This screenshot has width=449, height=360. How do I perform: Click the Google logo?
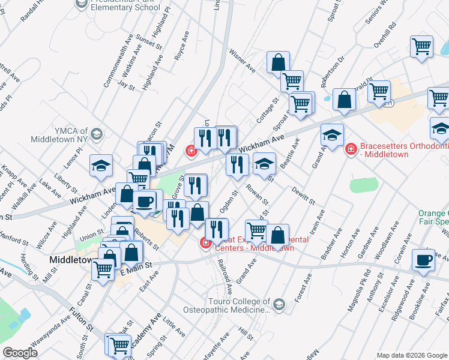(20, 353)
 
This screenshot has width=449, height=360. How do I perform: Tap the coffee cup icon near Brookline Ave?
(424, 259)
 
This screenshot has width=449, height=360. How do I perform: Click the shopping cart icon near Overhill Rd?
(421, 46)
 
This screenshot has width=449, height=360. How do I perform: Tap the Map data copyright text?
(411, 355)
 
